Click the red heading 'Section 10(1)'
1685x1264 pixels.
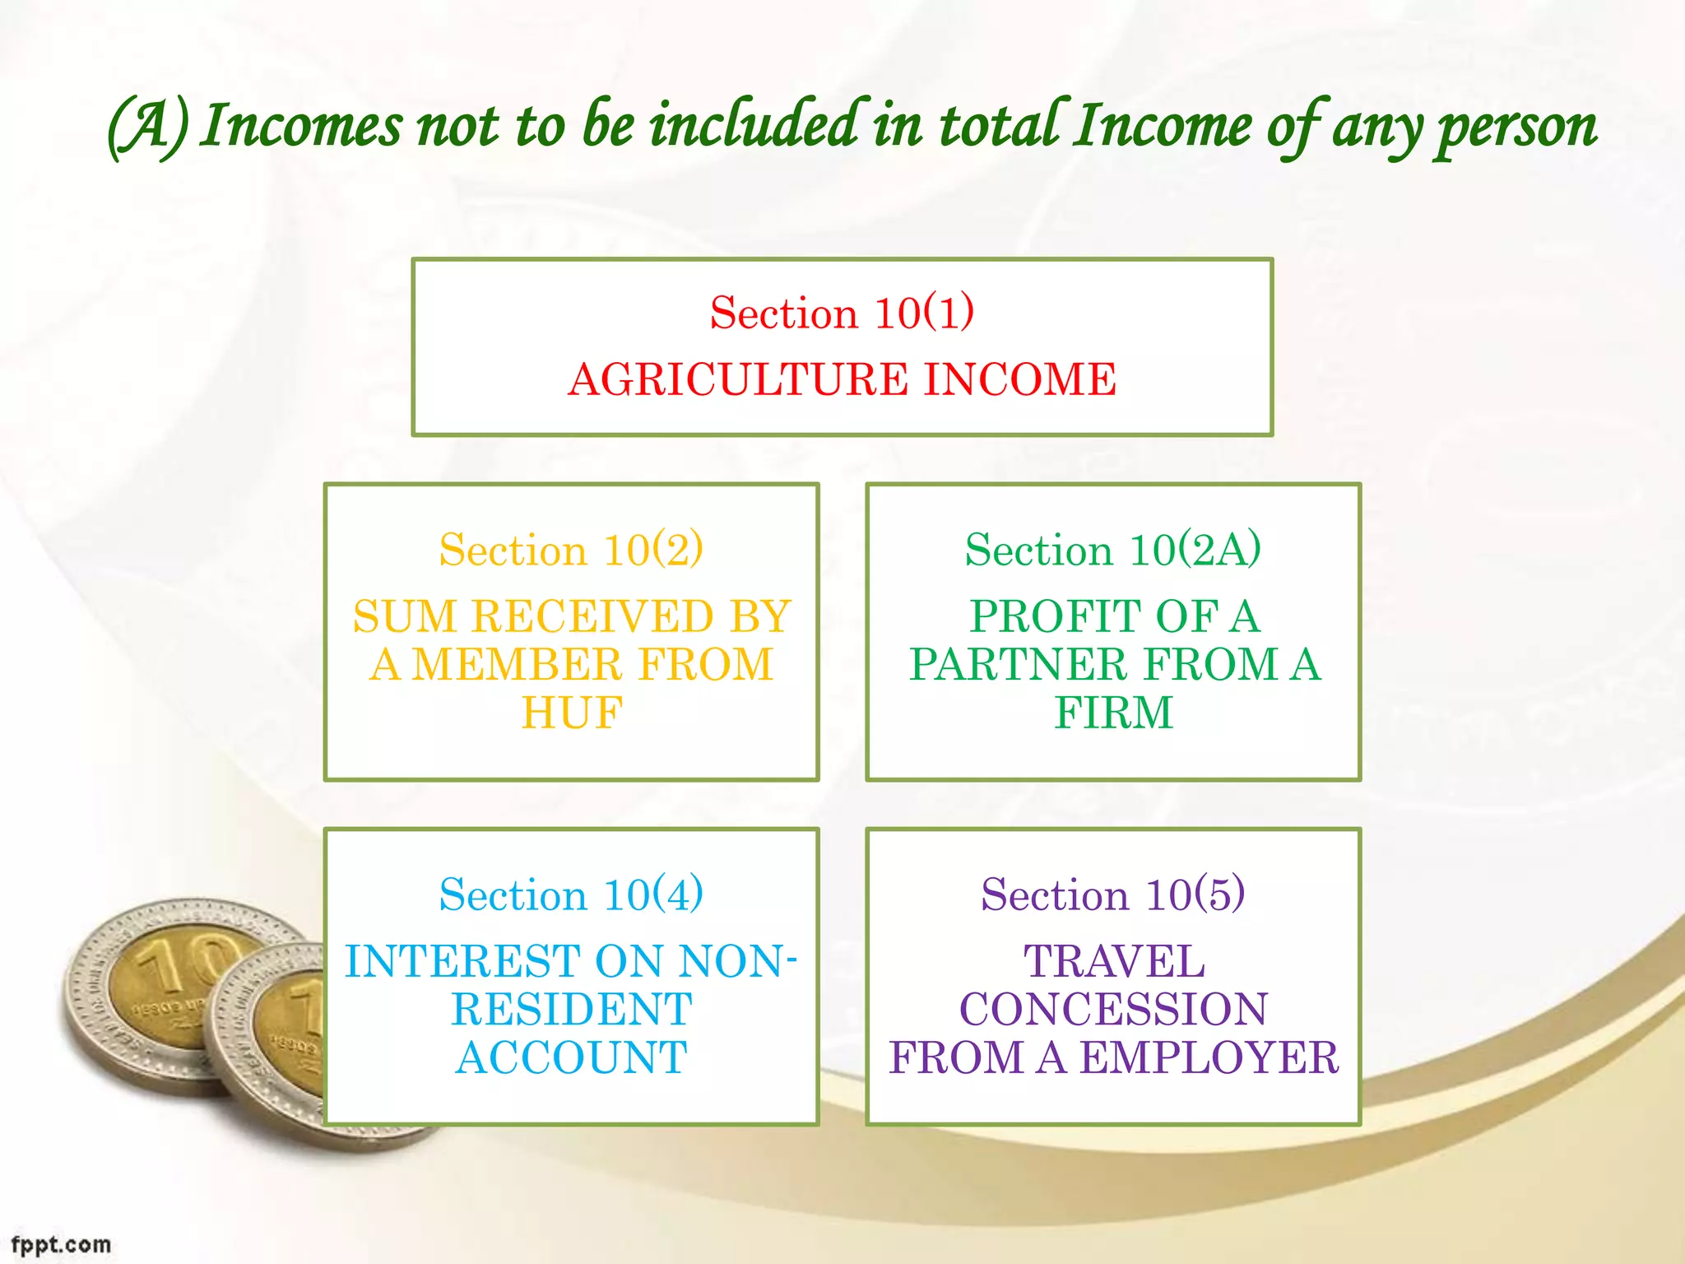point(842,313)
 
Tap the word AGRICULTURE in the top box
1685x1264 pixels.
point(737,380)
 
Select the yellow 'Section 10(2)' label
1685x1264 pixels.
point(571,550)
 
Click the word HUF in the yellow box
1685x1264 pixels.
point(572,713)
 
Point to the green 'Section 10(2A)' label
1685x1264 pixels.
point(1112,550)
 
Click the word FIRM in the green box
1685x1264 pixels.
point(1113,713)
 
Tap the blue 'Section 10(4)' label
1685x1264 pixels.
point(571,895)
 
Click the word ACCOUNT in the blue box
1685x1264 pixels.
point(572,1058)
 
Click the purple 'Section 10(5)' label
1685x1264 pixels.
point(1112,895)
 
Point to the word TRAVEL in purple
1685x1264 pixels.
point(1113,962)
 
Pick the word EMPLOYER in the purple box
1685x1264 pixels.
point(1209,1058)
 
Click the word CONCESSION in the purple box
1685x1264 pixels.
point(1113,1010)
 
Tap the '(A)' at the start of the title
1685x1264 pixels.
point(148,128)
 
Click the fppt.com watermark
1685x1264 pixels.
point(61,1244)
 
